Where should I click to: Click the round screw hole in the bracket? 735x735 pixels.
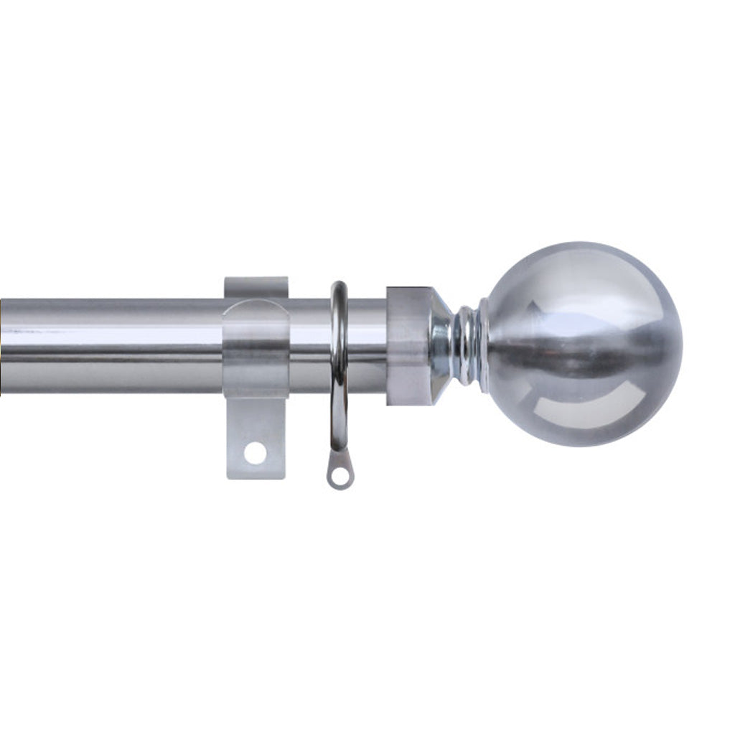point(255,452)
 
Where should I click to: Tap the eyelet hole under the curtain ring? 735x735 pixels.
point(341,475)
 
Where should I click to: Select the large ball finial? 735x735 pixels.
point(581,345)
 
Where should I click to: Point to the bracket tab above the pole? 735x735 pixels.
point(256,286)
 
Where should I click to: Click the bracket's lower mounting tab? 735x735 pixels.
point(256,438)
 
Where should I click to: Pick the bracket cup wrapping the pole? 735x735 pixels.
point(256,348)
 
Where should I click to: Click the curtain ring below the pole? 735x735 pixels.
point(339,423)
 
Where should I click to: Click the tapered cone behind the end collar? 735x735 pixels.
point(440,345)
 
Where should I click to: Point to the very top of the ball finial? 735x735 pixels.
point(581,244)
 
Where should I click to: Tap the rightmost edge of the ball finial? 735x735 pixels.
point(681,345)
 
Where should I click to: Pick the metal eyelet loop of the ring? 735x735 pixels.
point(340,474)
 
